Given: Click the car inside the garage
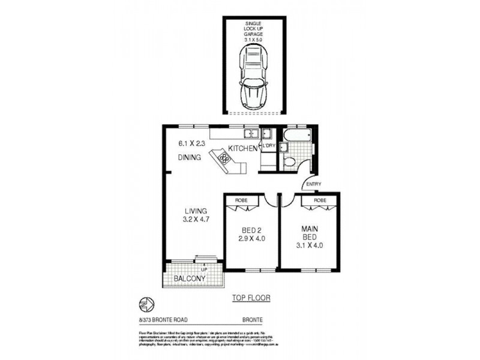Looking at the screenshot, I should tap(253, 78).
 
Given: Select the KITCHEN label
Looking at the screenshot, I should tap(242, 148).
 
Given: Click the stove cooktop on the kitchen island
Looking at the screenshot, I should tap(224, 158).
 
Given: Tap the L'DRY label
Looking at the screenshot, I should tap(268, 145).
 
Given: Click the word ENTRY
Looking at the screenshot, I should tap(314, 184).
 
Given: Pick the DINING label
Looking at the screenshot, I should tap(190, 158).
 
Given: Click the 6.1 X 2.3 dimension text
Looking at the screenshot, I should tap(192, 143).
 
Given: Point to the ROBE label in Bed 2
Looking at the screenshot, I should tap(241, 199).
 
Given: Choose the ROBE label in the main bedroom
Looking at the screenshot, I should tap(320, 199).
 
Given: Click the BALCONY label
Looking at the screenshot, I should tap(190, 279).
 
